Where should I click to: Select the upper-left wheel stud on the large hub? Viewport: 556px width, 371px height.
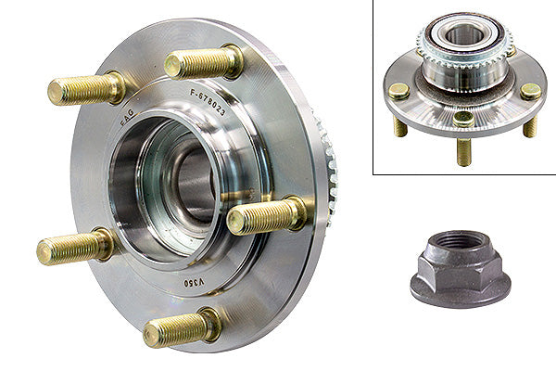tap(85, 89)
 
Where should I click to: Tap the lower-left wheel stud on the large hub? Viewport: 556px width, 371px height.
tap(74, 248)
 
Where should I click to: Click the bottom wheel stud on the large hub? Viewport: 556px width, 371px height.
tap(182, 327)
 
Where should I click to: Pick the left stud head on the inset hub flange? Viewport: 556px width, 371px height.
tap(398, 91)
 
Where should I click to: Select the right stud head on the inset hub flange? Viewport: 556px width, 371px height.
tap(530, 91)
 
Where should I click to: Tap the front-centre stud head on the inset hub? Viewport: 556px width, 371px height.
tap(463, 118)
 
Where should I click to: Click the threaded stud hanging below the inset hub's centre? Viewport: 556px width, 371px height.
tap(463, 148)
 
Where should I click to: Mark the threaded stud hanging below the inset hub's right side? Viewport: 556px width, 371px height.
tap(529, 124)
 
